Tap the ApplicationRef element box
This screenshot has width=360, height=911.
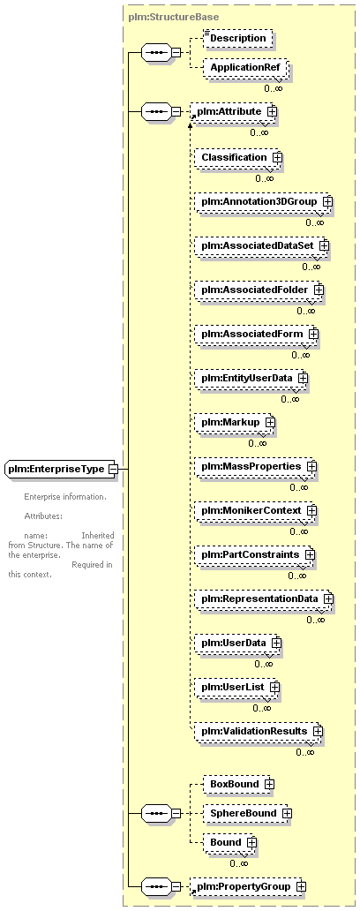244,68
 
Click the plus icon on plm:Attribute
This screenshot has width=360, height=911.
271,110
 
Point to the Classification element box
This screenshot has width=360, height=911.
236,157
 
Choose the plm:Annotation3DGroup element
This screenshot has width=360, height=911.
262,201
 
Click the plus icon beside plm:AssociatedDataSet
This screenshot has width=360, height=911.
324,245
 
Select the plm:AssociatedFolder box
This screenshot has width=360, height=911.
258,290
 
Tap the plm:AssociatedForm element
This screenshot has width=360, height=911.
255,334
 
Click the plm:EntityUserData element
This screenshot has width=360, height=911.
250,378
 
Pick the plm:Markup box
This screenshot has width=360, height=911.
234,422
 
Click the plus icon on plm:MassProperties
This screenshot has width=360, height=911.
311,466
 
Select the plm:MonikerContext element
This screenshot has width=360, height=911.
254,510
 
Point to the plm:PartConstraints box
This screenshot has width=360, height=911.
253,554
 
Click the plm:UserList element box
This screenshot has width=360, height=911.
236,687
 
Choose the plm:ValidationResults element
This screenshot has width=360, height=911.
257,731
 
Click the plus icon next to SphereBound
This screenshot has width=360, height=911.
286,813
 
